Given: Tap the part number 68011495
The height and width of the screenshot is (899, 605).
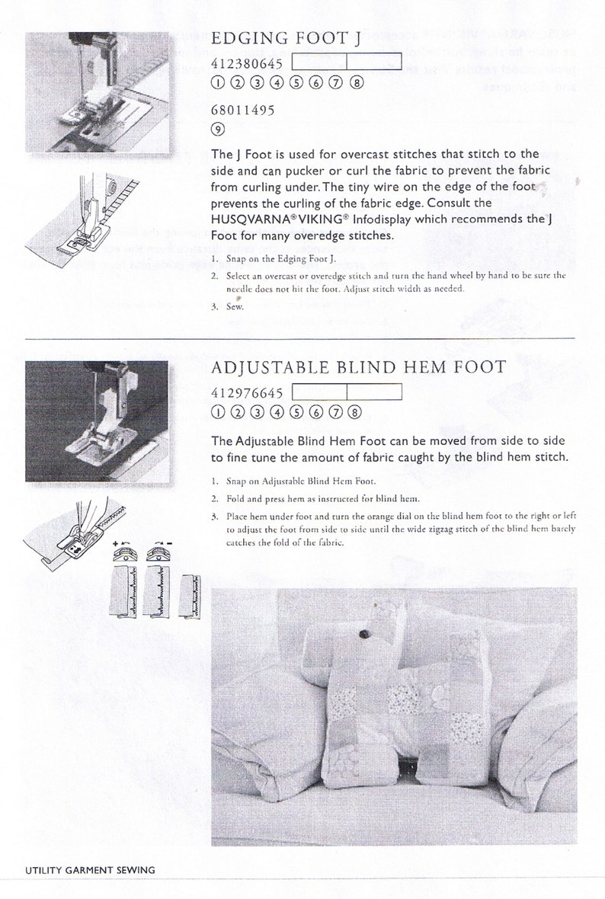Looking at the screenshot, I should coord(242,110).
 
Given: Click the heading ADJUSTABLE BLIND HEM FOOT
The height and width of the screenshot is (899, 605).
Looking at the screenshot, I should coord(357,367).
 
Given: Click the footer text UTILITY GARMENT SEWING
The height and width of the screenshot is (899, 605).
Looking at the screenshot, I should coord(89,869).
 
